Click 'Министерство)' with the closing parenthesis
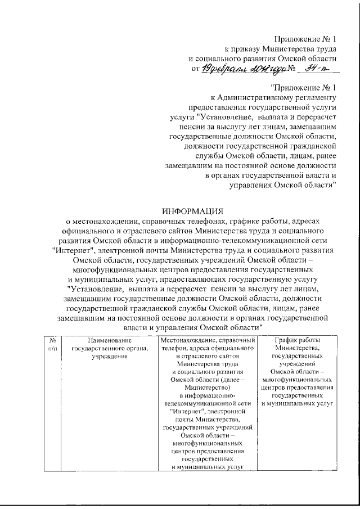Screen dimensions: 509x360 tap(209, 388)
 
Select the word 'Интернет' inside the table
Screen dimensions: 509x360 tap(188, 411)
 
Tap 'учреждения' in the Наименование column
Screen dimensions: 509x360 tap(110, 356)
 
